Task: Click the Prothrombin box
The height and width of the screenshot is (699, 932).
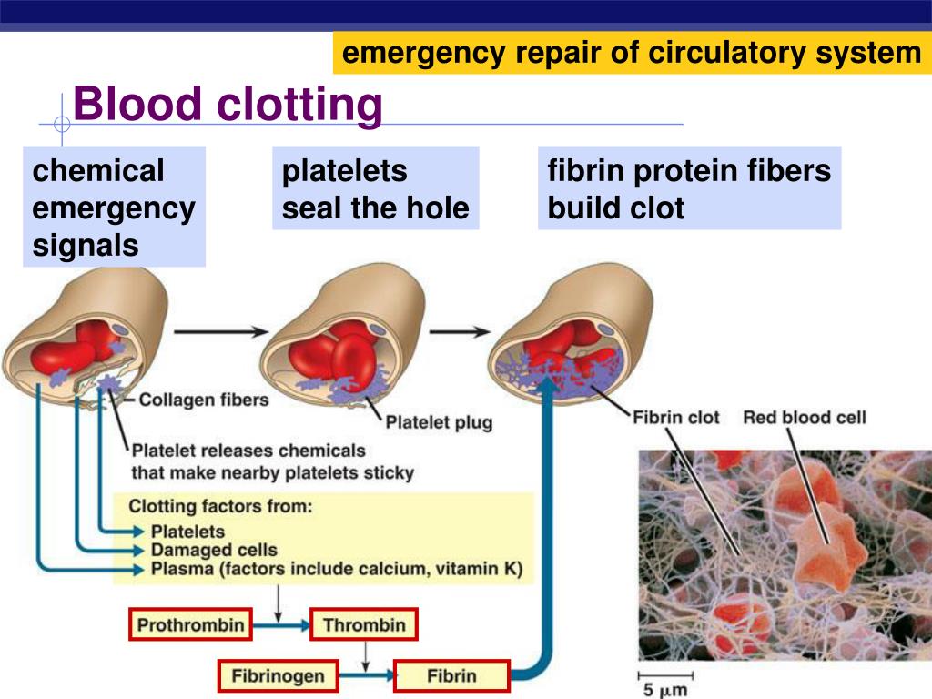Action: [190, 625]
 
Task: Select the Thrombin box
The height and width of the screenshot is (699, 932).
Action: [364, 625]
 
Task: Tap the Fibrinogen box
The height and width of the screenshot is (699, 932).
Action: [279, 676]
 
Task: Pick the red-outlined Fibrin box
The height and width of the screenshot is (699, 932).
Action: [451, 676]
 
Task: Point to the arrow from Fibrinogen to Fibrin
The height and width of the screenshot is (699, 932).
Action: [367, 676]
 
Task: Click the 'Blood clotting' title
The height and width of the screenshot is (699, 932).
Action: [228, 105]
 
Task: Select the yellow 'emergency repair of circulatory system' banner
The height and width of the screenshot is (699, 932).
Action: [632, 53]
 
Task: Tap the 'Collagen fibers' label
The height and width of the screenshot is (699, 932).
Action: [204, 400]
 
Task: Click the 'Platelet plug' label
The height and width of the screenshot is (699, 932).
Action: [439, 422]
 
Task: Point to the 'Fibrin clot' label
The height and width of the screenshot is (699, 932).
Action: [676, 418]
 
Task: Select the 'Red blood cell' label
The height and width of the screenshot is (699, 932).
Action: [805, 418]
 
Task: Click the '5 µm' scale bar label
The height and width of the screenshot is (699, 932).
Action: [662, 691]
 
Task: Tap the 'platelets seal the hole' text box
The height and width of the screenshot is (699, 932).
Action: [375, 189]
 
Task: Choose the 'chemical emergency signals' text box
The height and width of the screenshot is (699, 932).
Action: [114, 208]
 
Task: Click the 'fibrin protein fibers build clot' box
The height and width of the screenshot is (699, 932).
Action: [689, 189]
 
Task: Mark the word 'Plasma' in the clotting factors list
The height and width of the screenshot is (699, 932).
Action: [177, 570]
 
